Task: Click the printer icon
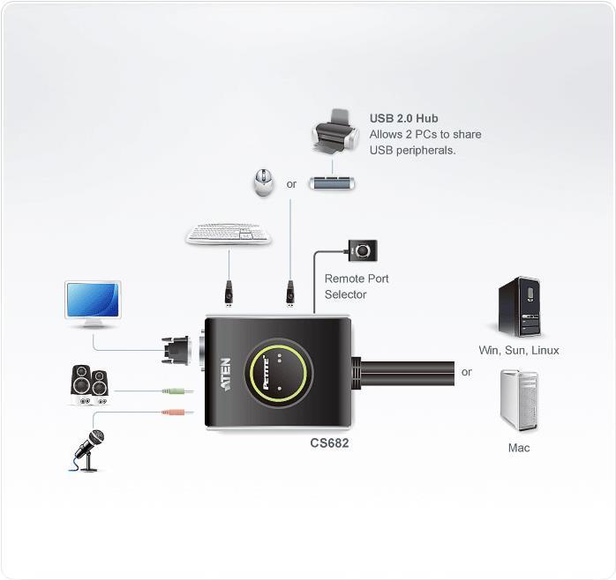[x=335, y=131]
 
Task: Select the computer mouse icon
[x=263, y=182]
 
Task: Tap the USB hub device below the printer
[x=332, y=183]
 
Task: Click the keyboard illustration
[x=229, y=234]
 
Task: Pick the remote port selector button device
[x=363, y=250]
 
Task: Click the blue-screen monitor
[x=94, y=304]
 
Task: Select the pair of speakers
[x=90, y=384]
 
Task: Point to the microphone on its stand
[x=89, y=450]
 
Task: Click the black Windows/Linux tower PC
[x=519, y=307]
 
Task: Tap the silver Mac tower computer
[x=519, y=400]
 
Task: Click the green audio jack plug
[x=177, y=390]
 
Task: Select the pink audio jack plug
[x=177, y=412]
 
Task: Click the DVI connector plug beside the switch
[x=176, y=351]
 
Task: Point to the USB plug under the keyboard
[x=229, y=294]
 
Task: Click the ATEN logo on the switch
[x=226, y=375]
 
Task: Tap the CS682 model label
[x=329, y=443]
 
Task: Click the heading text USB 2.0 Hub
[x=404, y=118]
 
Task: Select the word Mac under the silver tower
[x=519, y=448]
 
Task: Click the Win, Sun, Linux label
[x=519, y=350]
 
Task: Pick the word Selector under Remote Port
[x=345, y=294]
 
